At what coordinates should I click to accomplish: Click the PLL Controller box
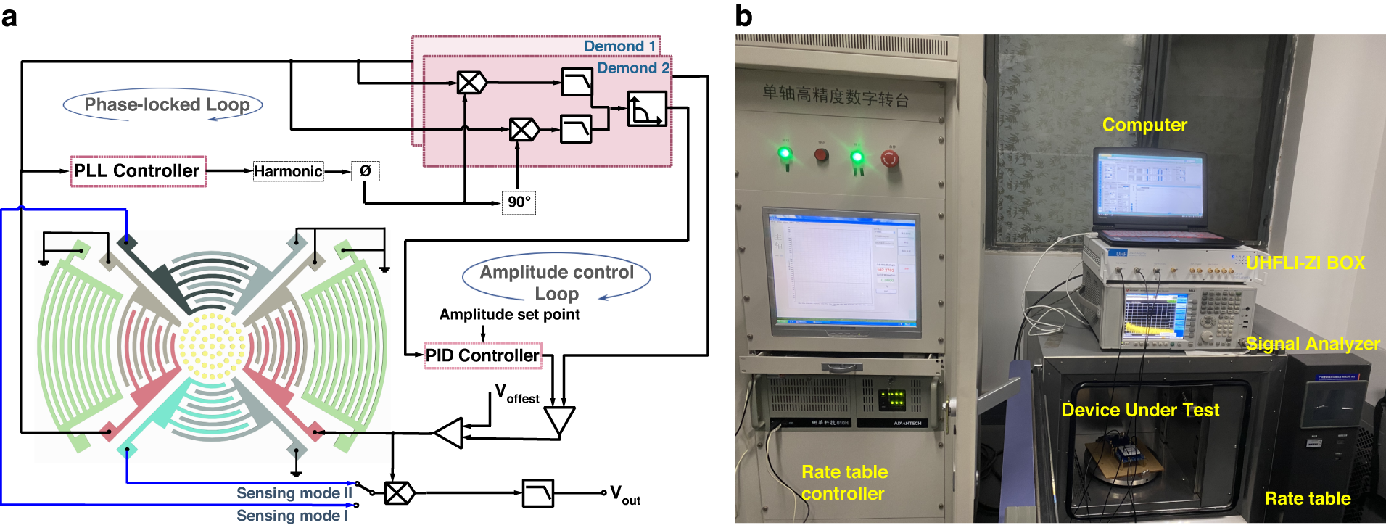click(138, 171)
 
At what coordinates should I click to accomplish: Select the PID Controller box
click(482, 355)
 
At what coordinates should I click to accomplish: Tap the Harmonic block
click(288, 171)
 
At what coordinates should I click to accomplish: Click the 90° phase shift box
click(519, 202)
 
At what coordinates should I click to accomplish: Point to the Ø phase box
click(365, 171)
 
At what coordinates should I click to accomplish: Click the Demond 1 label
click(619, 46)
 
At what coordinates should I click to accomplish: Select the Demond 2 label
click(632, 68)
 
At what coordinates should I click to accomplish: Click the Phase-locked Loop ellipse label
click(166, 105)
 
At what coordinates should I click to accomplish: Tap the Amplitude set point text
click(509, 314)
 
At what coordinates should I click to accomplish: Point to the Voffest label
click(516, 395)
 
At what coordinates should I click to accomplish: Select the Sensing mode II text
click(294, 493)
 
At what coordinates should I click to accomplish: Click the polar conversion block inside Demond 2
click(646, 109)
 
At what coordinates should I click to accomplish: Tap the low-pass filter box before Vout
click(537, 493)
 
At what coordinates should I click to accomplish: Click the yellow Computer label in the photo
click(1144, 125)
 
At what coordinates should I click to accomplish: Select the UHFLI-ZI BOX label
click(1305, 263)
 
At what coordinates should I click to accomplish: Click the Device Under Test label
click(1140, 410)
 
